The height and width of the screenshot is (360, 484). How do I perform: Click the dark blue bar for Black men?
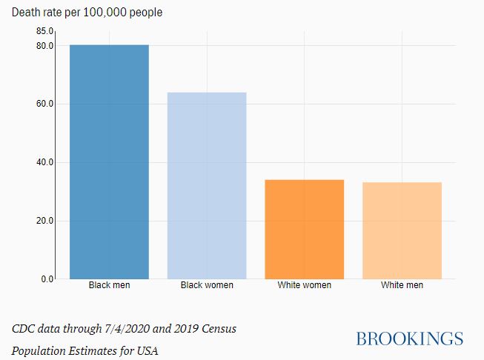tap(109, 161)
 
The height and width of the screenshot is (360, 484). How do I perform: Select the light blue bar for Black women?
tap(207, 185)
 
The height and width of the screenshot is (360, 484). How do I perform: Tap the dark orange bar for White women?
tap(305, 229)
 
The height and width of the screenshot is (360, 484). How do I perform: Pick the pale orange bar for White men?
tap(402, 230)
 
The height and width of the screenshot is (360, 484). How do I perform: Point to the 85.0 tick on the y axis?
tap(44, 31)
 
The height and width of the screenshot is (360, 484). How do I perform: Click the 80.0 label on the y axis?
tap(44, 46)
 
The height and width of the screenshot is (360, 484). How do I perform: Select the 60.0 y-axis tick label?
tap(44, 104)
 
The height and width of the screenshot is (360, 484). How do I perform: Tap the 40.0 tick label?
tap(44, 162)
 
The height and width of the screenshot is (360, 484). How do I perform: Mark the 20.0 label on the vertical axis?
tap(44, 221)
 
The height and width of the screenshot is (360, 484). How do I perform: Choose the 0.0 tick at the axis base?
tap(47, 279)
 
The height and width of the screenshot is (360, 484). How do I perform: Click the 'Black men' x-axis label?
tap(109, 285)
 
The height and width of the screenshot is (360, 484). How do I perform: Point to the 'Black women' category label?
tap(207, 285)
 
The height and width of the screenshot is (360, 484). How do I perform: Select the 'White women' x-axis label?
tap(305, 285)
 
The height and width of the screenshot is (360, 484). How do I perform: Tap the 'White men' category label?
tap(402, 285)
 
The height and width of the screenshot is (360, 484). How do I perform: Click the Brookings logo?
tap(409, 339)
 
